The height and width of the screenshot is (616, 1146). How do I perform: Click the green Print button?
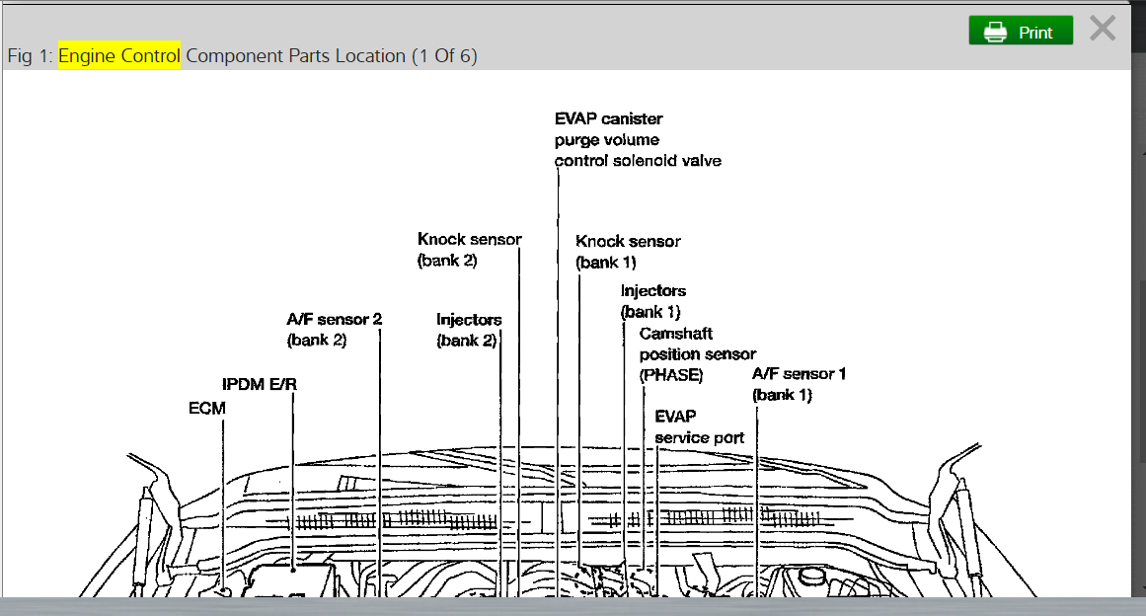tap(1021, 32)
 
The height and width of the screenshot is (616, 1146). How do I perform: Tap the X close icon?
tap(1103, 29)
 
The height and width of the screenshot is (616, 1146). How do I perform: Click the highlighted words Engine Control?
tap(119, 56)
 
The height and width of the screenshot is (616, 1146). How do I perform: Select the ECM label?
tap(207, 408)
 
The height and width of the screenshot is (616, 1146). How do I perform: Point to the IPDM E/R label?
tap(260, 384)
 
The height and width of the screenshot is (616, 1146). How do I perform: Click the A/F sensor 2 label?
tap(334, 330)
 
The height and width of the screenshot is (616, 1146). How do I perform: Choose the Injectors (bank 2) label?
tap(469, 330)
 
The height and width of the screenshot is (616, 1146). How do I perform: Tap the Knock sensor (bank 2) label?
tap(469, 250)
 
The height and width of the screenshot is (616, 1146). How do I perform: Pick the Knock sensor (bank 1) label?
tap(628, 252)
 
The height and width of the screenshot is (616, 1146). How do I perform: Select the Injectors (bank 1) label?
tap(652, 301)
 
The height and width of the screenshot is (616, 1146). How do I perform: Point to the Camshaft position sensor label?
tap(697, 344)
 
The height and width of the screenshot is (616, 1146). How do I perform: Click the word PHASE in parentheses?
tap(671, 375)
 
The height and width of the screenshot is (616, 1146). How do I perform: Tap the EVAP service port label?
tap(699, 427)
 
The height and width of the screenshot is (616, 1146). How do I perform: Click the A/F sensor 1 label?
tap(799, 384)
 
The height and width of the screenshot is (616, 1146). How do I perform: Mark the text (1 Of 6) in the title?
tap(444, 56)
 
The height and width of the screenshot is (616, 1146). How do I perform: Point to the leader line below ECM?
tap(224, 503)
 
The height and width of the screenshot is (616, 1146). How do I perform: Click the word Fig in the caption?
tap(20, 56)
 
